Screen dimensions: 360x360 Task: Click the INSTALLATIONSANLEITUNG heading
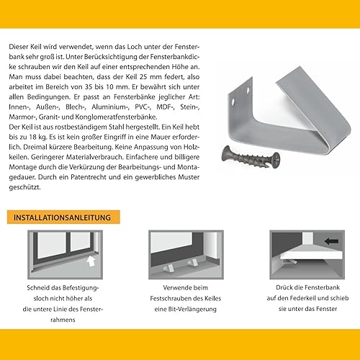62,217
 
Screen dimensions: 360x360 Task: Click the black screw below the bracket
251,157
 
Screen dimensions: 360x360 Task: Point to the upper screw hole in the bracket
248,90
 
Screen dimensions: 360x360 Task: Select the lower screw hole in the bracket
233,102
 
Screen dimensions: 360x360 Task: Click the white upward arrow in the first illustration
90,261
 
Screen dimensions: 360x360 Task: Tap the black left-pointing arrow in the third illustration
332,240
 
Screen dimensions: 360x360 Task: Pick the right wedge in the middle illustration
193,262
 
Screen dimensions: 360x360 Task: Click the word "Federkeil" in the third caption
305,298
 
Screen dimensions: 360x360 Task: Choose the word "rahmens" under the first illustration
63,320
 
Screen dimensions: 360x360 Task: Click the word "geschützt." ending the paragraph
25,187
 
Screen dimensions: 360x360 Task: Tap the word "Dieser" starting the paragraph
19,47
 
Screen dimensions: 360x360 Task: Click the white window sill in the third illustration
312,256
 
